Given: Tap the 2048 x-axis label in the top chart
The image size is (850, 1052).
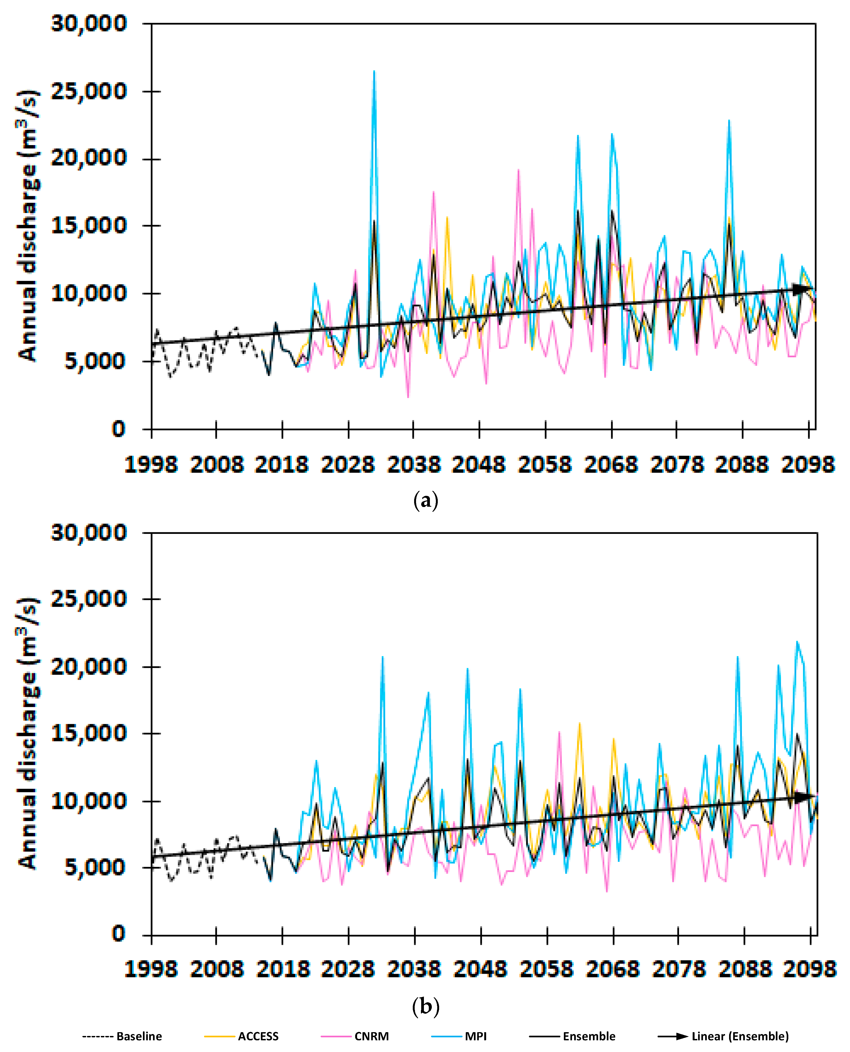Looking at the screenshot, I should [478, 464].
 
